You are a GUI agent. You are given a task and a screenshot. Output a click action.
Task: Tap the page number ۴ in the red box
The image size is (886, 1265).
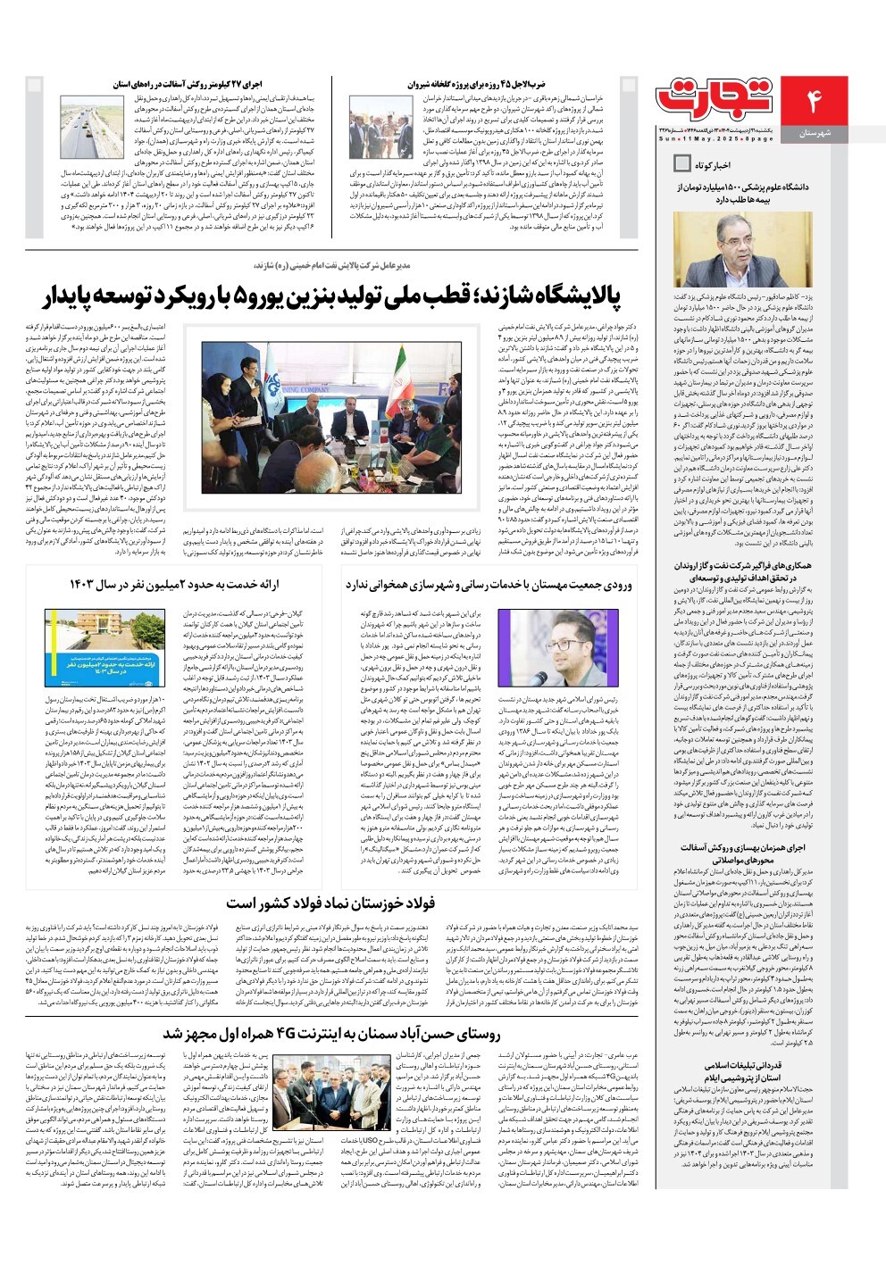point(814,100)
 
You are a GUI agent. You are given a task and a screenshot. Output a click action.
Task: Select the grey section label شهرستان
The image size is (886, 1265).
point(815,133)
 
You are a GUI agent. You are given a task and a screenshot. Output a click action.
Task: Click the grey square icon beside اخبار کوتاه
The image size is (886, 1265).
point(681,163)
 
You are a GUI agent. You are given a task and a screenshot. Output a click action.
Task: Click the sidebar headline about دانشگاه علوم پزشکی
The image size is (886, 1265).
point(730,194)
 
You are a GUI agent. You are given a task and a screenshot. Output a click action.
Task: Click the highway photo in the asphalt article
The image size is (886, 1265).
point(93,126)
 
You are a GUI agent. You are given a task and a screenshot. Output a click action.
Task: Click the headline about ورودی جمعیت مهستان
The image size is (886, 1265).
point(488,585)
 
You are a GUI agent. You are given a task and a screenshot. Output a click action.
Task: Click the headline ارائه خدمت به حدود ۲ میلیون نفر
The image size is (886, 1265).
point(174,585)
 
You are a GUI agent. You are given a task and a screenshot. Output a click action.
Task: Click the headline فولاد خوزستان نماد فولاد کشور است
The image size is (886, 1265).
point(330,903)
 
